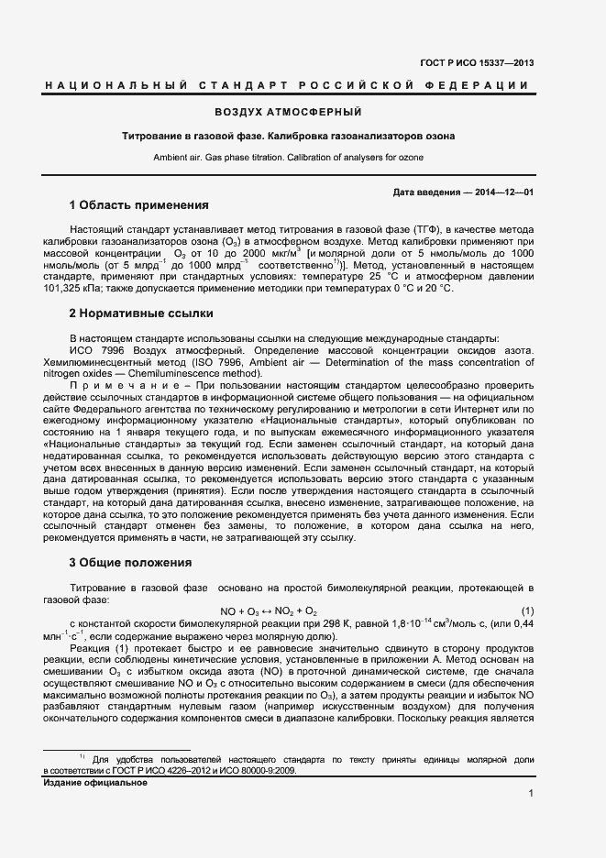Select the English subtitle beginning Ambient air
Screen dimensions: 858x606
click(288, 158)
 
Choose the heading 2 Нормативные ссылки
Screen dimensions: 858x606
click(135, 313)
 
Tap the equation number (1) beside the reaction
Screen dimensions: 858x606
click(527, 611)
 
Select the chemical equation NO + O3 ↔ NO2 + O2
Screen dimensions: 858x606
click(269, 611)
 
